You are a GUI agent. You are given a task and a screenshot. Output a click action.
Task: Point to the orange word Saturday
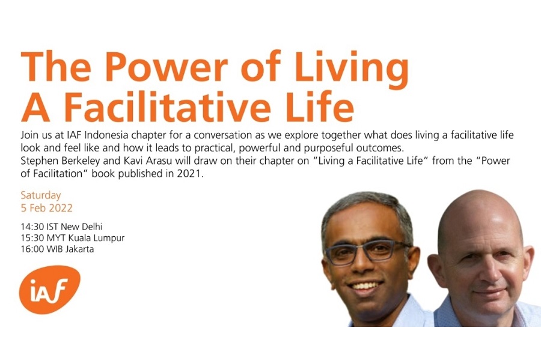(x=41, y=195)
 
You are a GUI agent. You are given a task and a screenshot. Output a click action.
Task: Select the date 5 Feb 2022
(x=46, y=208)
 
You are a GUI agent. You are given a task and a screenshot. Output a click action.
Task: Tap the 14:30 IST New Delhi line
(x=61, y=227)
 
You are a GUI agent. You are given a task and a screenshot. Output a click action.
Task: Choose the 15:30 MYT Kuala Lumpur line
(x=72, y=238)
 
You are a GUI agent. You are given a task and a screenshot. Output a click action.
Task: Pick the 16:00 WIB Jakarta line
(x=57, y=249)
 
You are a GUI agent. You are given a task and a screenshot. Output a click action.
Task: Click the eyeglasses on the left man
(x=367, y=251)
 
